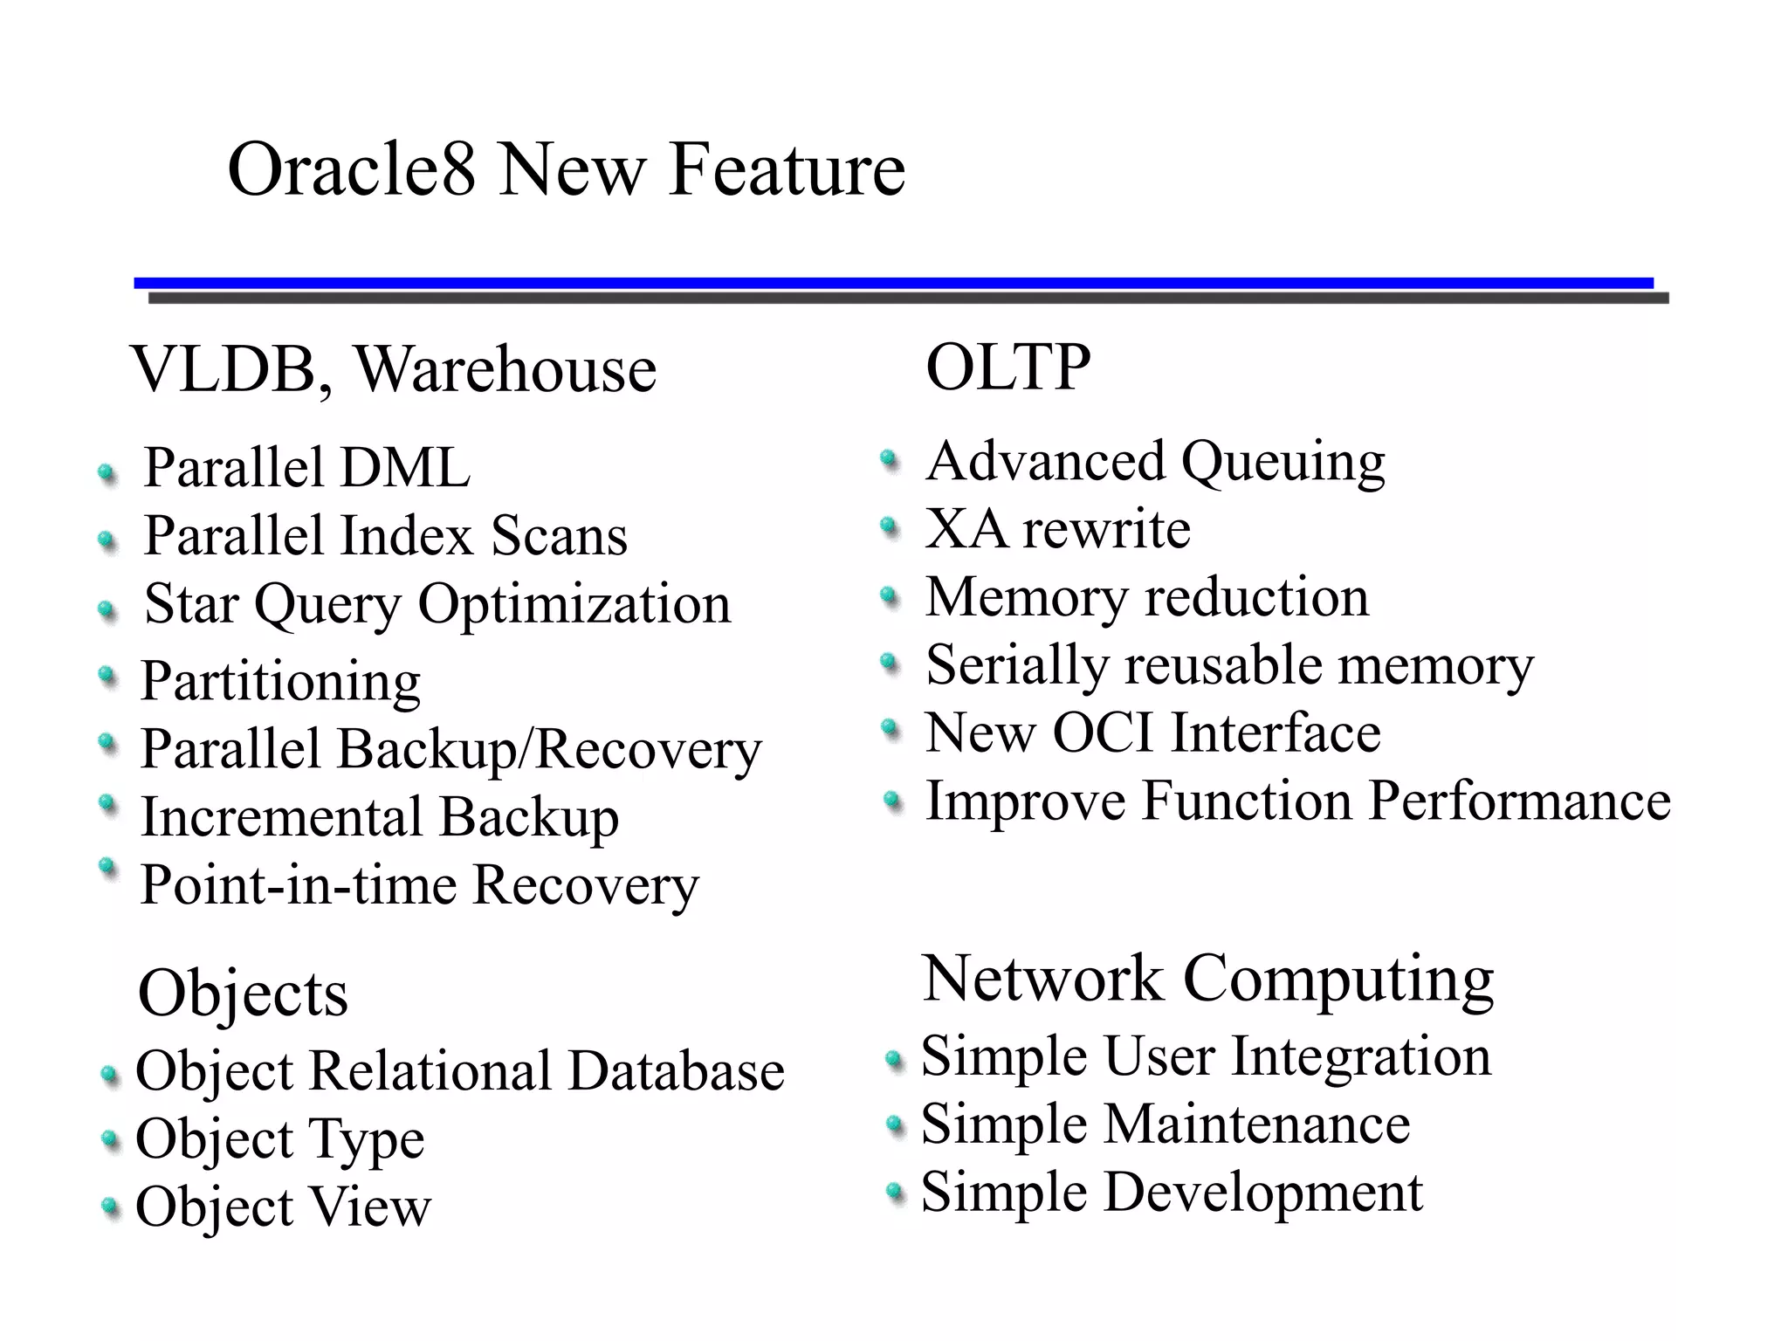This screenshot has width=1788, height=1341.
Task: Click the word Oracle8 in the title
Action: [351, 169]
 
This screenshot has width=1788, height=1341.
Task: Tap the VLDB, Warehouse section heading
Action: [393, 370]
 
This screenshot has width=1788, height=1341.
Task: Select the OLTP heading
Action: [1007, 367]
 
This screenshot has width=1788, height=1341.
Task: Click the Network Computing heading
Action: [1207, 980]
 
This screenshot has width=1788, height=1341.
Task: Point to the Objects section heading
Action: [243, 994]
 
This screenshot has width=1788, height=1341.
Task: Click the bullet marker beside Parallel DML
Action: [107, 474]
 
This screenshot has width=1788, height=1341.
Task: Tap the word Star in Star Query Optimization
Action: [190, 603]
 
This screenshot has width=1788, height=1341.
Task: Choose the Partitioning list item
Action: [280, 681]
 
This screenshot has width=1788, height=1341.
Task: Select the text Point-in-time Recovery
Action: [419, 885]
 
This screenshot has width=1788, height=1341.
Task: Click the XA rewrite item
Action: [1057, 529]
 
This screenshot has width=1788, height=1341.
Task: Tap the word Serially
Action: [1016, 665]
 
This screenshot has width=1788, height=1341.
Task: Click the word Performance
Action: [1519, 801]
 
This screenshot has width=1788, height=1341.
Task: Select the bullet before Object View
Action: [110, 1207]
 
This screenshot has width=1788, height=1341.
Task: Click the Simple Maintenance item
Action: [1165, 1124]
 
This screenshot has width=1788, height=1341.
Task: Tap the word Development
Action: [1262, 1193]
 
